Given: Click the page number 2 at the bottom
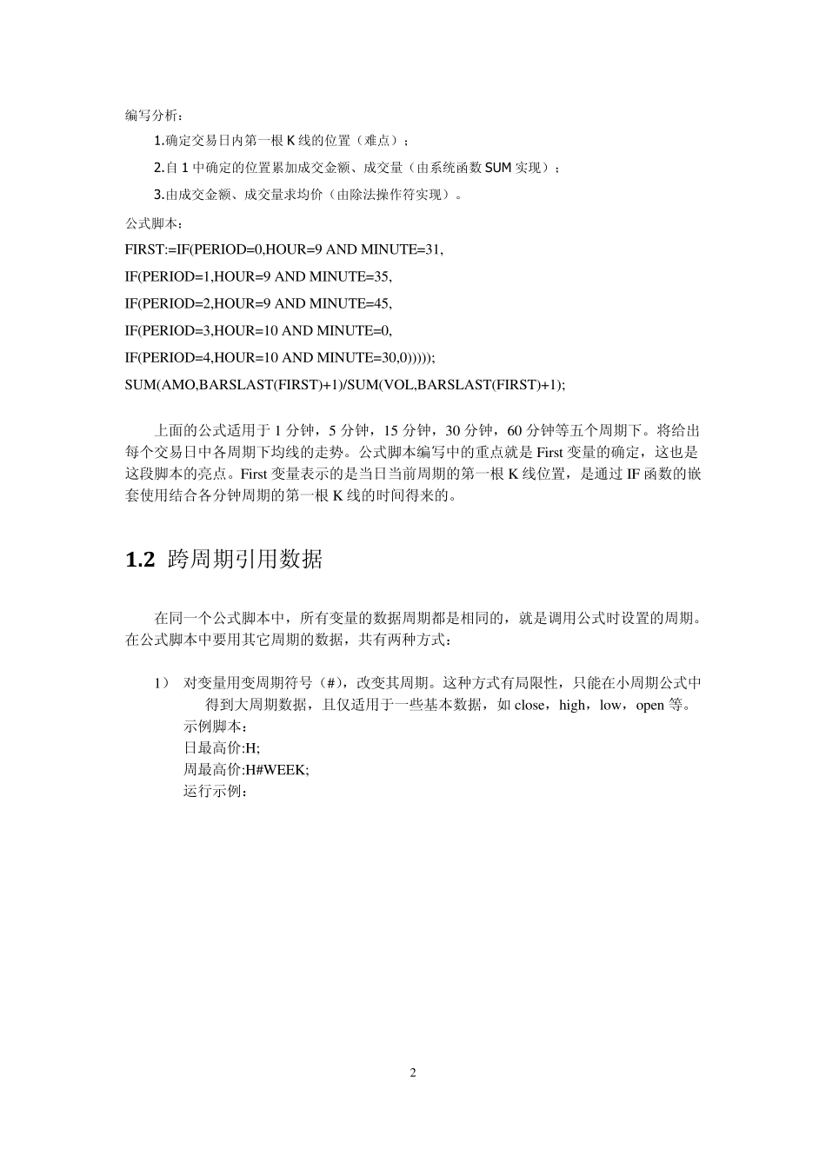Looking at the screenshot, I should pyautogui.click(x=413, y=1072).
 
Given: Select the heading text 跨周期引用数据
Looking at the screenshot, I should pyautogui.click(x=244, y=560).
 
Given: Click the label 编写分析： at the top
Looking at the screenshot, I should pyautogui.click(x=155, y=115).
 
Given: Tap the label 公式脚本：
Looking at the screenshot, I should pyautogui.click(x=155, y=223).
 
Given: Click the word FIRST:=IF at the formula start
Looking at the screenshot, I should pyautogui.click(x=157, y=249).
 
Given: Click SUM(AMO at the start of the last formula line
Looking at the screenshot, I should pyautogui.click(x=160, y=385).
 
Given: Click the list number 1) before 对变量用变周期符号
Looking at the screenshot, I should pyautogui.click(x=161, y=683).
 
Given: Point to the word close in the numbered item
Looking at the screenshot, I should pyautogui.click(x=530, y=705).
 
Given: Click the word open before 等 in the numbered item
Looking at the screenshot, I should pyautogui.click(x=649, y=705).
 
